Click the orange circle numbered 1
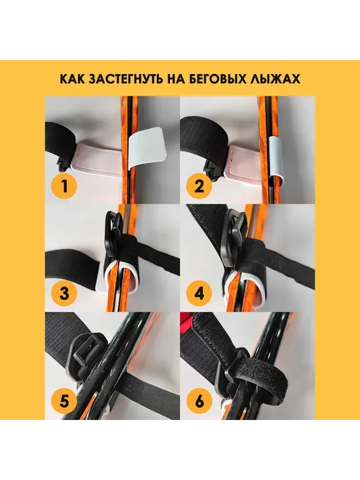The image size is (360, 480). coord(65,186)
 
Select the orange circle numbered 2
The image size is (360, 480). coord(199,186)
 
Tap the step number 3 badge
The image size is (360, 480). coord(65,294)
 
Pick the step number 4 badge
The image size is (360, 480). coord(199,294)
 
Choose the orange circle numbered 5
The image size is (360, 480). coord(65,401)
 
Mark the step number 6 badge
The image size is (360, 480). coord(199,401)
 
